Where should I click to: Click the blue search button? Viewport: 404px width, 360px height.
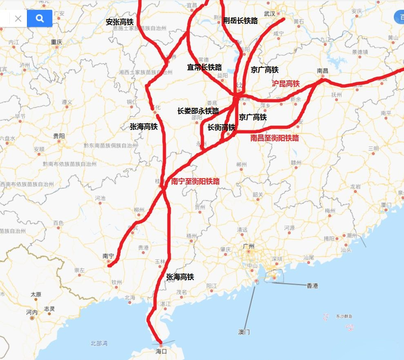coord(40,18)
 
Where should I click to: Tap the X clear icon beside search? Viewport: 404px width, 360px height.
coord(18,18)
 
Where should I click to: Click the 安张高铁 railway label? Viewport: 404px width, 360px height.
coord(119,22)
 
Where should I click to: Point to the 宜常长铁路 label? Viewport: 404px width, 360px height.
coord(204,67)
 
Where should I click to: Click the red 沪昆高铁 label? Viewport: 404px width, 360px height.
coord(286,84)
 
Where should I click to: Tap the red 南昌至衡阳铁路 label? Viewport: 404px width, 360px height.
coord(275,138)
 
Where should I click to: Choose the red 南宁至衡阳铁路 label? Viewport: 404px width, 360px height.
coord(195,181)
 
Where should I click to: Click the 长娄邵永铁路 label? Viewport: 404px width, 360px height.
coord(198,111)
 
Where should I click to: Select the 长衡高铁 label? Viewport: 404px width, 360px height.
coord(221,127)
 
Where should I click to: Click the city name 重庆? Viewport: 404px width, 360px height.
coord(56,42)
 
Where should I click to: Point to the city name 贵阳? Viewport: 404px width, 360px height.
coord(59,136)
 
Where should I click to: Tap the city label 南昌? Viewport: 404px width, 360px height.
coord(322,70)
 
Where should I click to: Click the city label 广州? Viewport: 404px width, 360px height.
coord(248,246)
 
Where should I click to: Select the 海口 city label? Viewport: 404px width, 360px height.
coord(161,351)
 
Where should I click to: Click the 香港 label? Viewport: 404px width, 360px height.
coord(312,286)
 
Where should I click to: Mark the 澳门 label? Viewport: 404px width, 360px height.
coord(244,332)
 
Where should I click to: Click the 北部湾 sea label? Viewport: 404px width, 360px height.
coord(99,344)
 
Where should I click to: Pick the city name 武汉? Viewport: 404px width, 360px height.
coord(270,14)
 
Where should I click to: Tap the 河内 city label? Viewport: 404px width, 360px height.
coord(32,312)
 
